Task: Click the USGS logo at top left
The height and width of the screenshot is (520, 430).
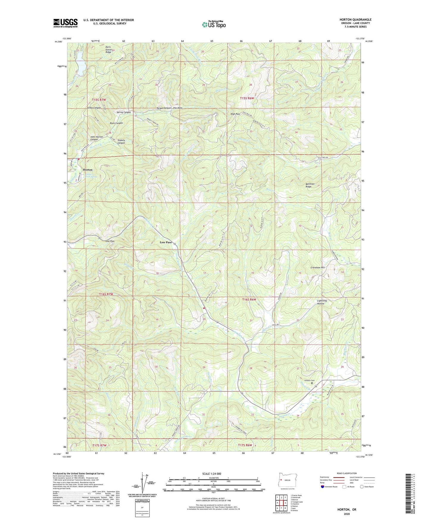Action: (x=65, y=23)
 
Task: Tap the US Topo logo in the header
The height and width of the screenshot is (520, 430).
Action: (x=213, y=24)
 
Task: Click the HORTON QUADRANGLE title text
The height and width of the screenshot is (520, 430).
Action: (x=355, y=20)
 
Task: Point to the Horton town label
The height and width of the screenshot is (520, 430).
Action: (x=87, y=170)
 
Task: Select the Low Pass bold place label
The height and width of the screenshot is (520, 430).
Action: (x=166, y=242)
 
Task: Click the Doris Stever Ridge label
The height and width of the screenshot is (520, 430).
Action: (x=108, y=49)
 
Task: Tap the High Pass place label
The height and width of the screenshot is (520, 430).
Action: (x=235, y=114)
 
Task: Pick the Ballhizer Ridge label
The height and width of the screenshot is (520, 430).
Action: (x=309, y=185)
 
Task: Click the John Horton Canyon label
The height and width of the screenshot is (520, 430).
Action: (x=96, y=138)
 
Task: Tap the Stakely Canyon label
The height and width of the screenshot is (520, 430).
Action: (x=121, y=141)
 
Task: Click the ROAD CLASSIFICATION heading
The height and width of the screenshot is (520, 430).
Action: (x=347, y=473)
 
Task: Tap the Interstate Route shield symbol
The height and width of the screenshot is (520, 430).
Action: (x=323, y=487)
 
